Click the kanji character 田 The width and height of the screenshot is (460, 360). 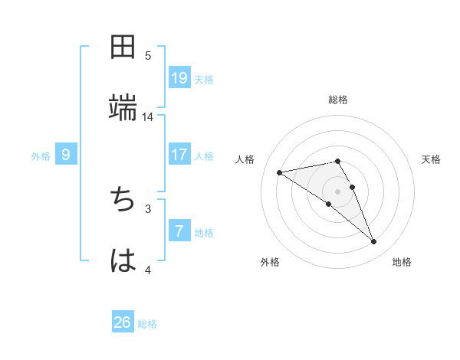tap(123, 47)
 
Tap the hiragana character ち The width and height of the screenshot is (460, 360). tap(123, 201)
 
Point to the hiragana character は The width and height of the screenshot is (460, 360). tap(123, 260)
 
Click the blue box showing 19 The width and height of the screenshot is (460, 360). tap(179, 77)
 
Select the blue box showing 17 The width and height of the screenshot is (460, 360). tap(179, 155)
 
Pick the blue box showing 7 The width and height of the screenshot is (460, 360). tap(179, 231)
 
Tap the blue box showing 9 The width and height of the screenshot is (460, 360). tap(66, 155)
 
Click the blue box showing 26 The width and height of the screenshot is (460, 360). tap(123, 322)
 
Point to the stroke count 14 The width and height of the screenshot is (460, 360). tap(148, 116)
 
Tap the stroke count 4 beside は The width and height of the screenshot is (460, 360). tap(148, 270)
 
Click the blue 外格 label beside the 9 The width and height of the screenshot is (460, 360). tap(41, 155)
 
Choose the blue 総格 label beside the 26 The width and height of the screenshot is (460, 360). tap(147, 323)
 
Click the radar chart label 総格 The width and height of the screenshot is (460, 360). tap(338, 100)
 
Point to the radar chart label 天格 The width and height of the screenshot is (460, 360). tap(432, 159)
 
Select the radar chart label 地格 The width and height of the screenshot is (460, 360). tap(402, 262)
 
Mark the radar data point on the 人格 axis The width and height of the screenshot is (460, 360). tap(280, 172)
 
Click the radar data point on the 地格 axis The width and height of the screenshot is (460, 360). tap(374, 242)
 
